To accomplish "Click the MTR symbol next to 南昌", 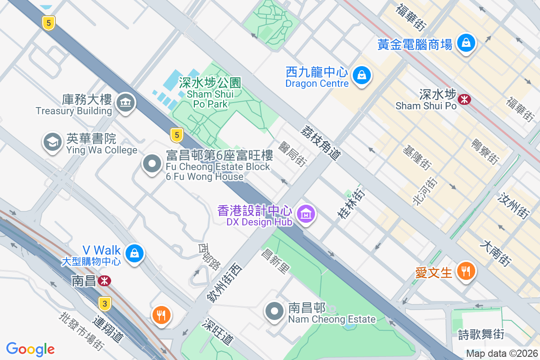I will pyautogui.click(x=104, y=281).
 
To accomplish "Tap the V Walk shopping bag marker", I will pyautogui.click(x=134, y=253).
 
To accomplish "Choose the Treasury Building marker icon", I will pyautogui.click(x=125, y=103).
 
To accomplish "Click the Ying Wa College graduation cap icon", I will pyautogui.click(x=52, y=142).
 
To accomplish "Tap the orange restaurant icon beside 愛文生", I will pyautogui.click(x=464, y=271).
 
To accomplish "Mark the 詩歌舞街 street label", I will pyautogui.click(x=481, y=334).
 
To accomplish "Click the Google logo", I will pyautogui.click(x=30, y=349).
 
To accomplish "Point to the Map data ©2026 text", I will pyautogui.click(x=501, y=353).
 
